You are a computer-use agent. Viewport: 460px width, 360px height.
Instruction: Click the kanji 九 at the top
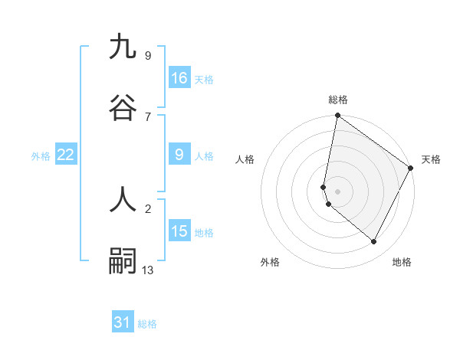[x=123, y=47]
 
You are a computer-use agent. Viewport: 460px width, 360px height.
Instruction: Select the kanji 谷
[x=123, y=108]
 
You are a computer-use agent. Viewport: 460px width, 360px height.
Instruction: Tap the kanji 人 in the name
[x=123, y=201]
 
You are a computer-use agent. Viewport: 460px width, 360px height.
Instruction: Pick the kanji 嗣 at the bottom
[x=123, y=261]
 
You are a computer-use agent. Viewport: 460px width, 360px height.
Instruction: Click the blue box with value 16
[x=179, y=78]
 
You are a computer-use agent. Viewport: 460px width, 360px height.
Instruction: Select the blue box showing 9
[x=179, y=155]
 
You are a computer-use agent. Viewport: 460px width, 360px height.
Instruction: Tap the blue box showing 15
[x=179, y=231]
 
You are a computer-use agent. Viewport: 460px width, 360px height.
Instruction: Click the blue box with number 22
[x=66, y=155]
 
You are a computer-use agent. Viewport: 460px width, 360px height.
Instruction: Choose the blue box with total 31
[x=123, y=322]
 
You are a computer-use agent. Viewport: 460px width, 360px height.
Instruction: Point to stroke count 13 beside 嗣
[x=148, y=270]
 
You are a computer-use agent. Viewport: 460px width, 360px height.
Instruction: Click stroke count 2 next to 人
[x=148, y=208]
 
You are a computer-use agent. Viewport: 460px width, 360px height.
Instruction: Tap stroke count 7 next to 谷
[x=148, y=116]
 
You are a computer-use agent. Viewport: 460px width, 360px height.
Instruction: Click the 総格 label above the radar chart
[x=338, y=100]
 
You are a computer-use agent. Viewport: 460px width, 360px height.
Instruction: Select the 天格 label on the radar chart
[x=431, y=159]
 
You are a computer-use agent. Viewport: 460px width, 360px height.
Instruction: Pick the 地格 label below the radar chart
[x=402, y=262]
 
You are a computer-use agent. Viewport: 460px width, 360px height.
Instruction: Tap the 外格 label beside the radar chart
[x=270, y=262]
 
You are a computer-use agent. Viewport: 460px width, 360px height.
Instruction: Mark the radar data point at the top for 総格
[x=338, y=116]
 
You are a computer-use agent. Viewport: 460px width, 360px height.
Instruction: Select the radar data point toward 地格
[x=374, y=242]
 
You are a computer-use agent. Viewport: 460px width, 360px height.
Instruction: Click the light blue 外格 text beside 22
[x=41, y=156]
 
